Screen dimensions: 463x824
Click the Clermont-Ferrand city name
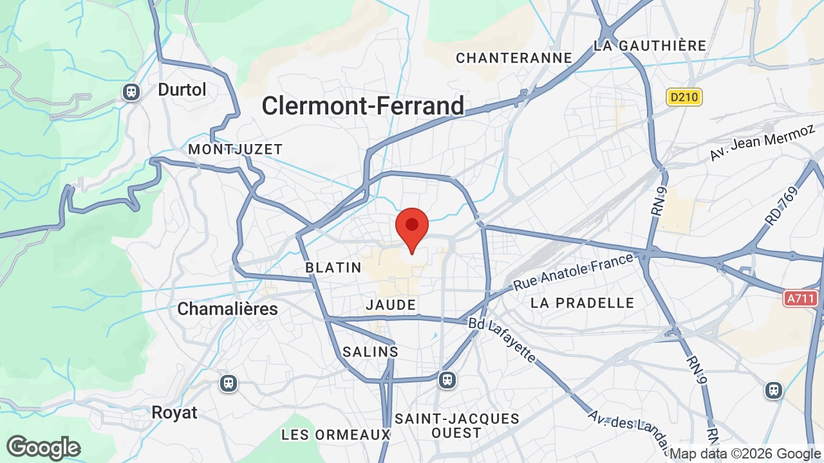(x=362, y=106)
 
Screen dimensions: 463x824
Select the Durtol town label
(x=182, y=89)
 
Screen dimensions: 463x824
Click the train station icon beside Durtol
(x=131, y=92)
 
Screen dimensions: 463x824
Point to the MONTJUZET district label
(x=235, y=149)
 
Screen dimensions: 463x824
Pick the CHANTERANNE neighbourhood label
(x=514, y=58)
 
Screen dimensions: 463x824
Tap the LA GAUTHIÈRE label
(x=650, y=46)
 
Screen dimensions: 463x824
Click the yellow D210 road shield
(x=684, y=97)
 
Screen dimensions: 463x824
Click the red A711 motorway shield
(x=801, y=298)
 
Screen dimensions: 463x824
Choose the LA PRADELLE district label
(x=582, y=303)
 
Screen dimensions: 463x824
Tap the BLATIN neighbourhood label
(x=333, y=268)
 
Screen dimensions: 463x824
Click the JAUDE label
(x=391, y=305)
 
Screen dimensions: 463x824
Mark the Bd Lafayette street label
(x=501, y=340)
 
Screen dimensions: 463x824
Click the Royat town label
(x=174, y=412)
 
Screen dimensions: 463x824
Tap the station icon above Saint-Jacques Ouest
(x=447, y=379)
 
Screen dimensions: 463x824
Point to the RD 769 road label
(x=781, y=206)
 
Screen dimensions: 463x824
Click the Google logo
(x=43, y=448)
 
